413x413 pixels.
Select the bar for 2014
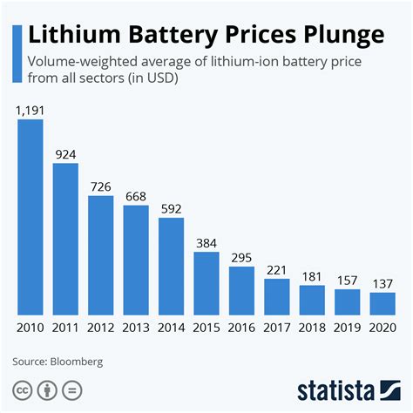click(172, 266)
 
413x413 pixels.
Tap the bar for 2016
click(241, 290)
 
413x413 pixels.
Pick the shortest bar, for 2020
click(383, 303)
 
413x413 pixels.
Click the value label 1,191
click(30, 111)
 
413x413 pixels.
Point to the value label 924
click(65, 154)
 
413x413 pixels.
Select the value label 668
click(136, 196)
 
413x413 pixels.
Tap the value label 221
click(277, 269)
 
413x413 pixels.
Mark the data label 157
click(348, 280)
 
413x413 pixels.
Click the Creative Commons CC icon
click(23, 388)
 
